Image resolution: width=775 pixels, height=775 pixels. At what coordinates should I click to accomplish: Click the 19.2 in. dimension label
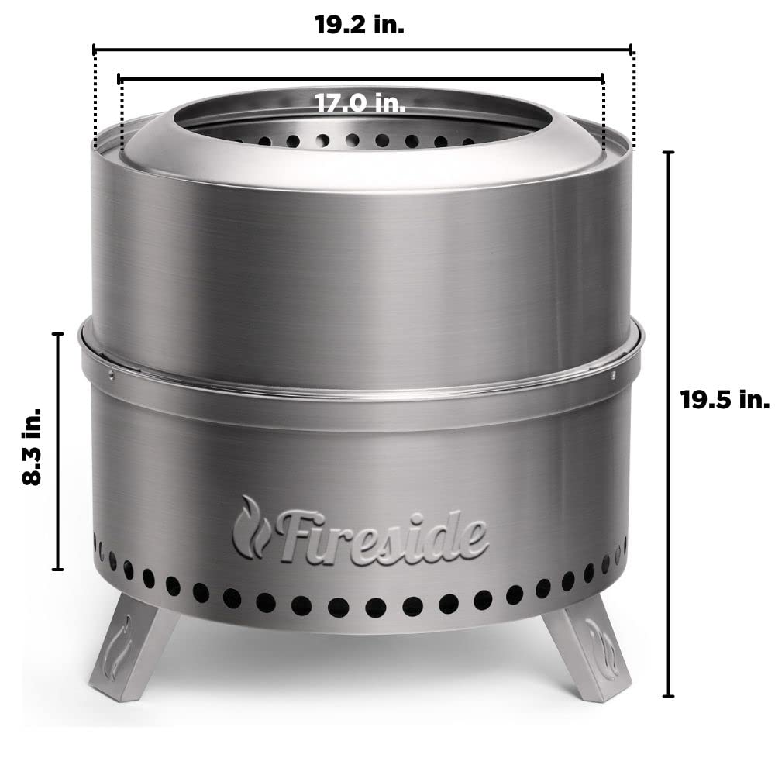click(360, 25)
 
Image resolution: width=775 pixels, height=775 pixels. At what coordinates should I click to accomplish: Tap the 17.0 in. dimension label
click(360, 102)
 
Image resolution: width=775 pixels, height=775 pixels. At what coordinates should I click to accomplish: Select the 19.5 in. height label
click(725, 401)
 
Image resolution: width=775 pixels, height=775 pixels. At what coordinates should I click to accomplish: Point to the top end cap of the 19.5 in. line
click(669, 153)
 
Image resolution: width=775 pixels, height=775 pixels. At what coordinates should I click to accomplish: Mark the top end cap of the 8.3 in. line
click(57, 334)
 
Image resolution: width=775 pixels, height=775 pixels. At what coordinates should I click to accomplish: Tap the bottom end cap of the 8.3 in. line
click(57, 570)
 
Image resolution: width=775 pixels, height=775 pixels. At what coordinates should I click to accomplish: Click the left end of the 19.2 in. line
click(94, 50)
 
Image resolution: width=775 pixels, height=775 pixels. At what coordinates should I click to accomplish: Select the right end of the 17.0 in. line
click(602, 78)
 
